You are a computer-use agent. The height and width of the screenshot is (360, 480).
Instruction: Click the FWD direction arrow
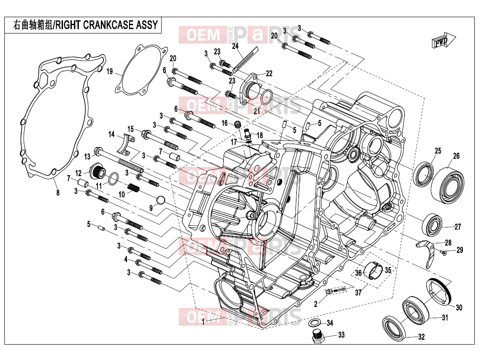click(x=443, y=40)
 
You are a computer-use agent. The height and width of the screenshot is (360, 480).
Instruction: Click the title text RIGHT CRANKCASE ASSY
click(x=107, y=25)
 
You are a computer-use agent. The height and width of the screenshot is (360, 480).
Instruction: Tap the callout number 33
click(x=341, y=335)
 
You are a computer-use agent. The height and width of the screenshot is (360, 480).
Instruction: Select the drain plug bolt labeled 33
click(x=318, y=337)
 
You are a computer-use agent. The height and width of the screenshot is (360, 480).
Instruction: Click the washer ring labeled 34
click(x=314, y=323)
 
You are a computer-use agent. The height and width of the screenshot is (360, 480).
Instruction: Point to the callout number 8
click(x=58, y=193)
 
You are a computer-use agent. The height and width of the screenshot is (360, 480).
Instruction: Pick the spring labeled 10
click(x=133, y=187)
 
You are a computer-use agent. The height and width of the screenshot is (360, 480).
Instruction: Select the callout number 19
click(x=110, y=72)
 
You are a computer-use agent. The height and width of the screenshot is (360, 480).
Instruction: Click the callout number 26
click(x=456, y=156)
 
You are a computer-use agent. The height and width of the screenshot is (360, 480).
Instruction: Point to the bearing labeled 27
click(x=432, y=226)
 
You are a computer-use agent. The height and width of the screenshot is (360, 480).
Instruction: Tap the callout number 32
click(x=421, y=337)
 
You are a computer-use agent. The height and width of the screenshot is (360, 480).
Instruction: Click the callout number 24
click(x=235, y=46)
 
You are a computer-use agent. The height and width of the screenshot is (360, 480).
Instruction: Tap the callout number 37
click(x=358, y=292)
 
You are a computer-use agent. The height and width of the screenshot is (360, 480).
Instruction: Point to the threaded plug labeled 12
click(x=98, y=171)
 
